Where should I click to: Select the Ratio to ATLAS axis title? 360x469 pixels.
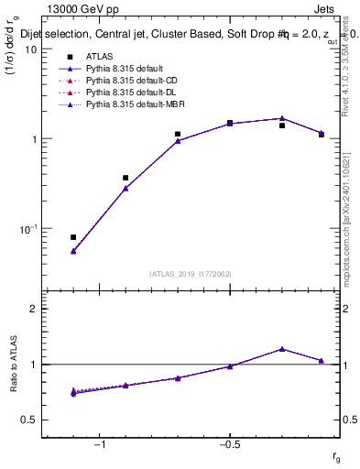click(x=12, y=364)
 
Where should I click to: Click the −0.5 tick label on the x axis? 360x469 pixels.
click(x=229, y=445)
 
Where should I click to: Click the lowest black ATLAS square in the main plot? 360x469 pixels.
click(x=73, y=237)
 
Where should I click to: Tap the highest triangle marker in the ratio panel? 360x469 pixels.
click(x=282, y=349)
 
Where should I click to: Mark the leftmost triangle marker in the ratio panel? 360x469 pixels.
click(x=73, y=392)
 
